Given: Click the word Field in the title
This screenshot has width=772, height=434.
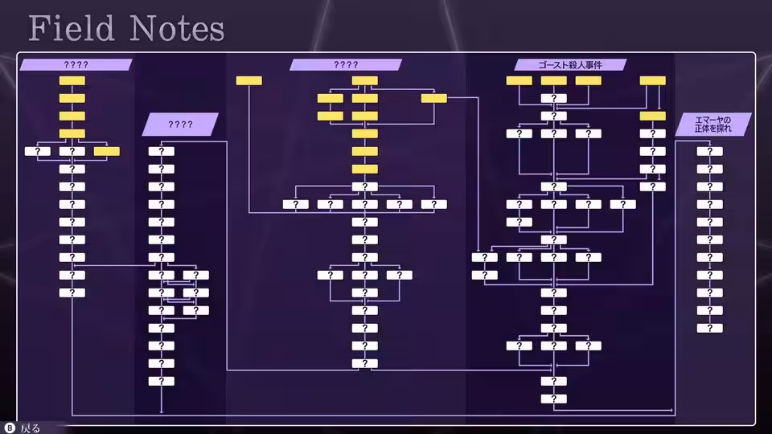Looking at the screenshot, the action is click(72, 28).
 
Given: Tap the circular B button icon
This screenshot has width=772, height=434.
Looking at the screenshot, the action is click(10, 428).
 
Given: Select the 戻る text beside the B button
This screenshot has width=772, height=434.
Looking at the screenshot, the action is click(31, 428).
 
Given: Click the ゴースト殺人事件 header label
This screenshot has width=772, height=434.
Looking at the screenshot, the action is click(570, 64).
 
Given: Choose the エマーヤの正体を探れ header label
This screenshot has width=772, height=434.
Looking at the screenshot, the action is click(713, 124).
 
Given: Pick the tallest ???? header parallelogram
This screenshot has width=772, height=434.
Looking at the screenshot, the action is click(180, 124).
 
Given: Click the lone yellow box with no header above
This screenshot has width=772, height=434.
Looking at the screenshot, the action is click(249, 80).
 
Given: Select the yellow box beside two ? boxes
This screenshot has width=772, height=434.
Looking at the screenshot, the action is click(107, 152).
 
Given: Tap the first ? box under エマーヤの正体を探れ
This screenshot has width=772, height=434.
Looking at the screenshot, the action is click(709, 152).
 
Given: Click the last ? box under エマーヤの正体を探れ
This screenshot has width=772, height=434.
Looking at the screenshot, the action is click(709, 328).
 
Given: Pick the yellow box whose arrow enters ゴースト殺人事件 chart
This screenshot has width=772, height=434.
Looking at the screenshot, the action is click(433, 98).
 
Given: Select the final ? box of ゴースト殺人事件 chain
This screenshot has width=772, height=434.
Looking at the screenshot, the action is click(554, 399).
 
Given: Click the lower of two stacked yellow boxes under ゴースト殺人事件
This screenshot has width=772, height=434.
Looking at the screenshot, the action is click(653, 116).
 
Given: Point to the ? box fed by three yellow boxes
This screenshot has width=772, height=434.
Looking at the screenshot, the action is click(554, 98).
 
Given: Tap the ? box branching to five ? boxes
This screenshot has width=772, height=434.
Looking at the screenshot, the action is click(365, 187).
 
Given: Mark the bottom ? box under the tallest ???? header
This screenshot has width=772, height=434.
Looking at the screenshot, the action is click(162, 381).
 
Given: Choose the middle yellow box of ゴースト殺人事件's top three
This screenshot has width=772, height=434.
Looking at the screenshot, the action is click(554, 80).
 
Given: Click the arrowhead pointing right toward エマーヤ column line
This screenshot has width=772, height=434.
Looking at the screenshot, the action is click(672, 410).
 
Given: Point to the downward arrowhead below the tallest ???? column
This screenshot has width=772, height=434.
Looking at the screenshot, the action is click(162, 411).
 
